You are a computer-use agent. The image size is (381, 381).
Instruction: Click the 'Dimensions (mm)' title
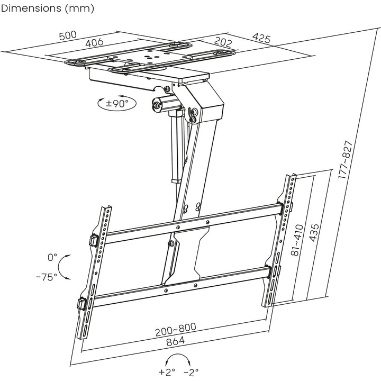pos(48,8)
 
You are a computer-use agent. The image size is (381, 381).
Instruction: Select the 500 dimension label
pos(68,36)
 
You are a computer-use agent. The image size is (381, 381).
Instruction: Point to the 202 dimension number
pos(224,41)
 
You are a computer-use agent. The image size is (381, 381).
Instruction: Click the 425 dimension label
pos(262,39)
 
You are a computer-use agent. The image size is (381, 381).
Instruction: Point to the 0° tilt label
pos(52,258)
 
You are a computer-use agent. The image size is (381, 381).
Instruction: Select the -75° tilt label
pos(47,277)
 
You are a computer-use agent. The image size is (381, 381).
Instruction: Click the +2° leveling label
pos(167,371)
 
